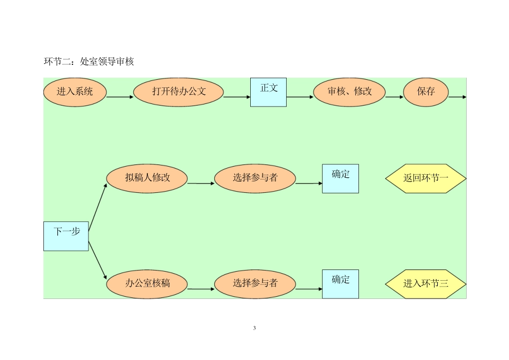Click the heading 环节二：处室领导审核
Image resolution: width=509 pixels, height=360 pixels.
point(88,62)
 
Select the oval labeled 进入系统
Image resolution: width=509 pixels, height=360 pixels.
point(75,92)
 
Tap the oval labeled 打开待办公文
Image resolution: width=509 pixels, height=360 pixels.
point(178,92)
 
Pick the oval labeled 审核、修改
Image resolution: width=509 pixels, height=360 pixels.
point(349,92)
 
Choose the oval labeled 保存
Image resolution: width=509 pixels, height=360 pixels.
point(426,92)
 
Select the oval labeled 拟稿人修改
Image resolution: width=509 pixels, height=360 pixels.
point(147,178)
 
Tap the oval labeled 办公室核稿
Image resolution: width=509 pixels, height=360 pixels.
point(147,283)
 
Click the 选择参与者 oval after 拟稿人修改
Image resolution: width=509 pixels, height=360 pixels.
point(255,178)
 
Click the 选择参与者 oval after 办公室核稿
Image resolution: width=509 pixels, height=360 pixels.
point(255,283)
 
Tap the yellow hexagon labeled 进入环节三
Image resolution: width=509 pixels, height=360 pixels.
point(426,283)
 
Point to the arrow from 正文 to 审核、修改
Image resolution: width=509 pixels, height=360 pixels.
point(300,97)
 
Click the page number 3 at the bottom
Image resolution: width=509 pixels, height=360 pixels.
point(254,328)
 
